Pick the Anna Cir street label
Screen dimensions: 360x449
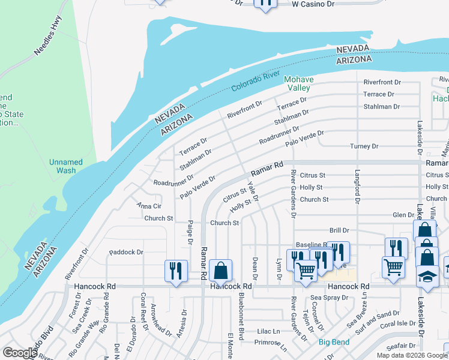[x=148, y=206]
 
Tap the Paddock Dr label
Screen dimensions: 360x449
[x=127, y=253]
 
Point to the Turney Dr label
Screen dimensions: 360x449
[x=364, y=146]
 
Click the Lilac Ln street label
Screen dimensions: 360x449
[x=268, y=331]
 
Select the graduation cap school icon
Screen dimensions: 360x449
[x=427, y=276]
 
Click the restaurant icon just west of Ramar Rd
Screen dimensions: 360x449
[x=176, y=271]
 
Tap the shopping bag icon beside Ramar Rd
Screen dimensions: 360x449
[x=220, y=271]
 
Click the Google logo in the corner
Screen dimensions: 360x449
[x=20, y=353]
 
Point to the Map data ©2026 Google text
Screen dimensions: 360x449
[x=412, y=355]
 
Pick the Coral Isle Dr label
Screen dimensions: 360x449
[x=397, y=323]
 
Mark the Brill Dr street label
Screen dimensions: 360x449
[x=339, y=230]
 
